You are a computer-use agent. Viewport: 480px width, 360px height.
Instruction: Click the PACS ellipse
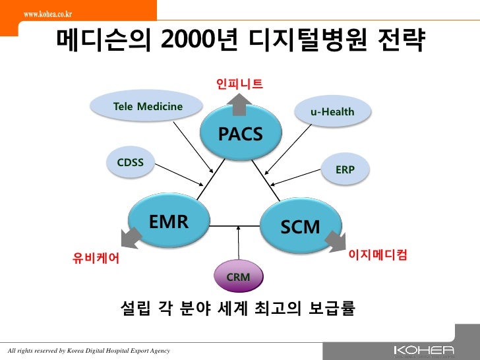point(240,133)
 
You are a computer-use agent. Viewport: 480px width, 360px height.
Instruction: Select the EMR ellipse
point(169,222)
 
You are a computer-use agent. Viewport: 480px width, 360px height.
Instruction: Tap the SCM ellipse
point(300,227)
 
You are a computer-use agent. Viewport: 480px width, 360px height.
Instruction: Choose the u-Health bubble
point(332,112)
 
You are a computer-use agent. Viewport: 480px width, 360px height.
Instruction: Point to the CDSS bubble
point(131,163)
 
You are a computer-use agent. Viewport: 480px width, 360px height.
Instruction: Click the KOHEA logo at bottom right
point(423,349)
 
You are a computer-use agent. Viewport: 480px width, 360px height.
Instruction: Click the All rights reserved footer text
point(88,350)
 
